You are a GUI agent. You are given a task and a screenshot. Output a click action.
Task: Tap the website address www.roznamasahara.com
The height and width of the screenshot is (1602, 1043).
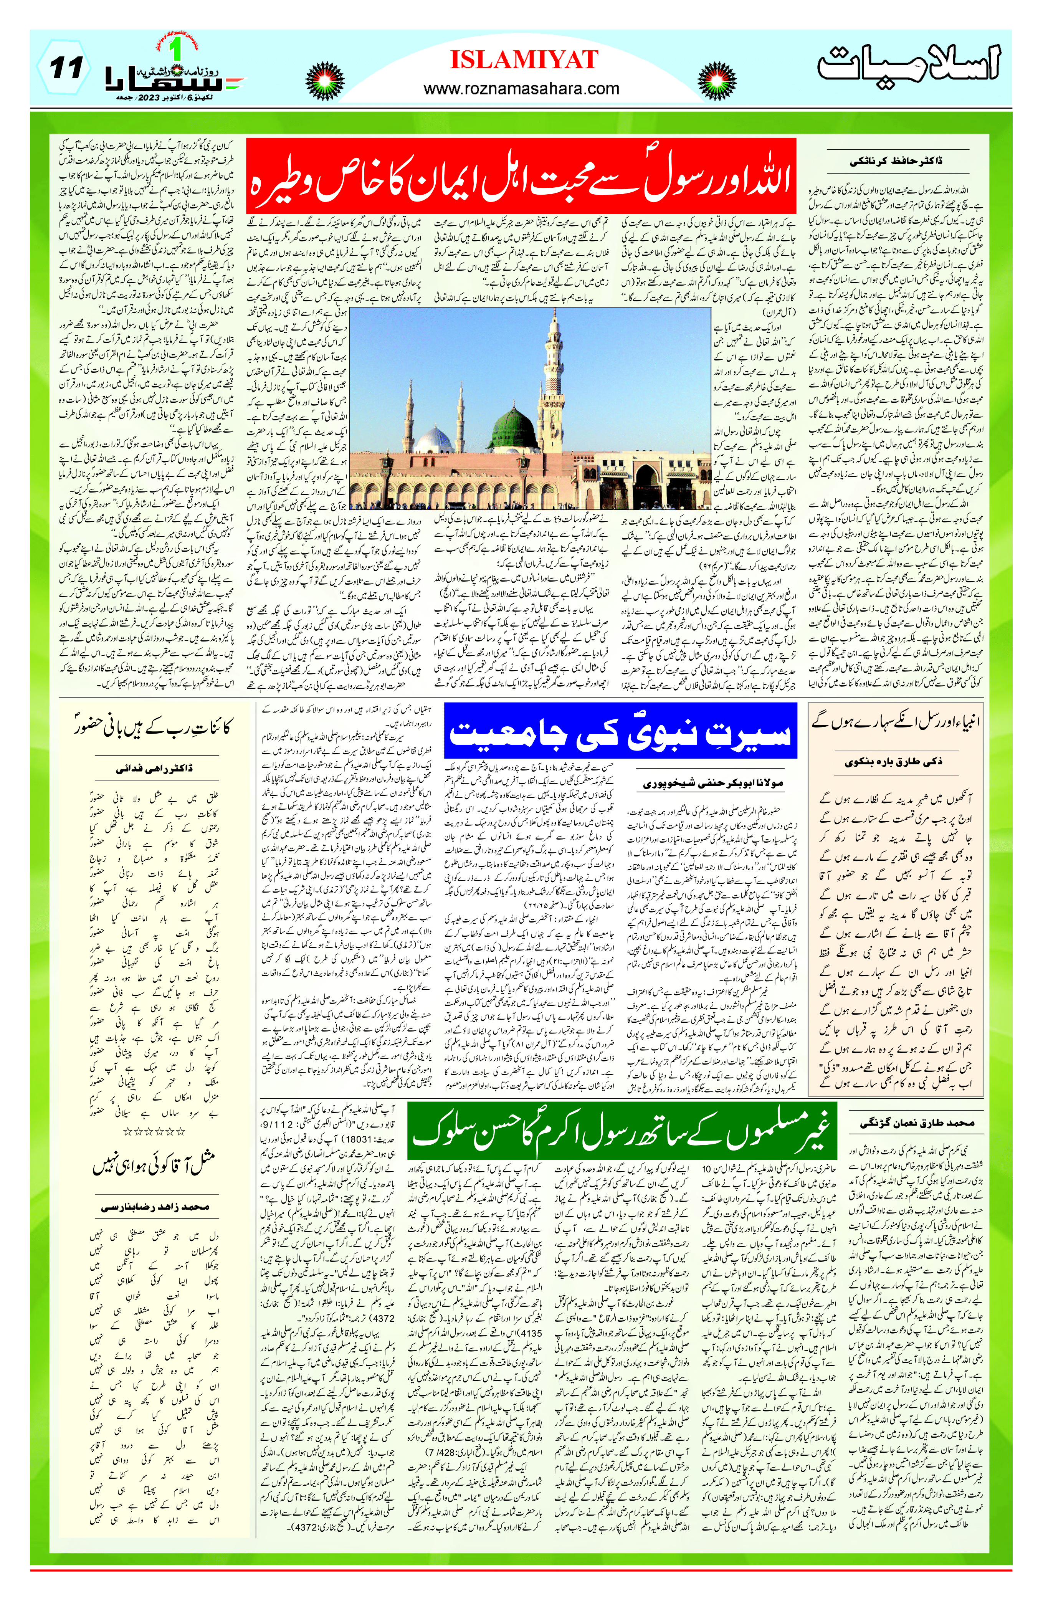click(x=521, y=88)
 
